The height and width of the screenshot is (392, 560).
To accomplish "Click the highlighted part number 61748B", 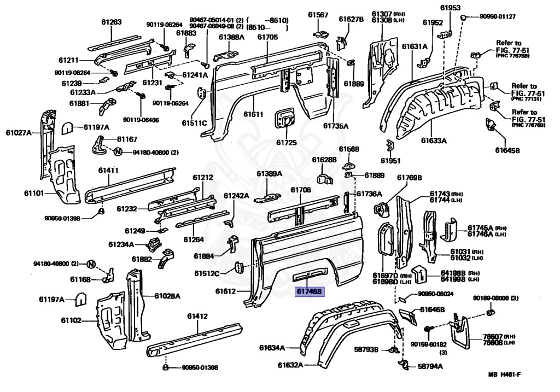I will click(310, 291).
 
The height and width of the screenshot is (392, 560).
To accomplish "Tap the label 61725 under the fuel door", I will click(286, 143).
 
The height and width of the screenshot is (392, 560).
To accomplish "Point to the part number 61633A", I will click(434, 141).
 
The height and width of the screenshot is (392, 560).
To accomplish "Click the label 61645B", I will click(507, 150).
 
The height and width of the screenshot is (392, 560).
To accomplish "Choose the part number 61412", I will click(197, 316).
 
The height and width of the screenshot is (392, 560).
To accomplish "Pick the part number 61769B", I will click(410, 177).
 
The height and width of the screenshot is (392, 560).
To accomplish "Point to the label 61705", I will click(267, 37).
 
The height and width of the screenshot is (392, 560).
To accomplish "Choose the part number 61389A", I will click(269, 173).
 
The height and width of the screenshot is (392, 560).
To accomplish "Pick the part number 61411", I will click(108, 170).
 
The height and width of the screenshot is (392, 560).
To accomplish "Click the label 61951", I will click(391, 161).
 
